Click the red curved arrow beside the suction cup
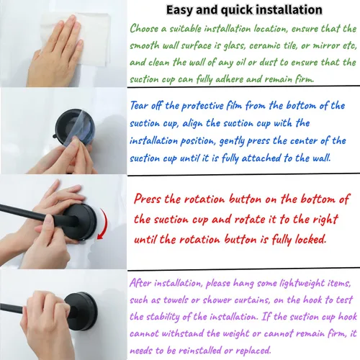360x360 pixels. [103, 224]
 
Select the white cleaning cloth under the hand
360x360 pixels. [92, 38]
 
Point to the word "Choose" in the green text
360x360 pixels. [144, 29]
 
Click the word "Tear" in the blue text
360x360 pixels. [139, 106]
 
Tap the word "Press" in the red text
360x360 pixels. [148, 199]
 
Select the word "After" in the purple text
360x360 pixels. [140, 283]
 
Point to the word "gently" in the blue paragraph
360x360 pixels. [232, 141]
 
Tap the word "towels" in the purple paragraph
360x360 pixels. [176, 300]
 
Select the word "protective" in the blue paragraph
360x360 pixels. [202, 106]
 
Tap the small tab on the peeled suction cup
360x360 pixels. [55, 137]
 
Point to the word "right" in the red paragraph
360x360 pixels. [325, 220]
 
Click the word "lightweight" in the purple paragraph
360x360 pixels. [302, 284]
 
